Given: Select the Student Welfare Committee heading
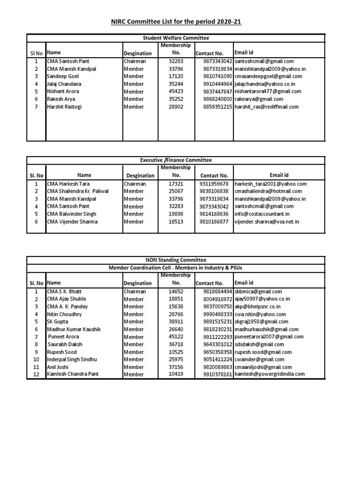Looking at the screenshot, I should [x=176, y=38].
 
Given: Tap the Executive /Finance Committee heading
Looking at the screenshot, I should [x=176, y=160].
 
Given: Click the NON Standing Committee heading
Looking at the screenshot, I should [x=176, y=260].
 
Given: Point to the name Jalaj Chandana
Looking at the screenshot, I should [x=64, y=84].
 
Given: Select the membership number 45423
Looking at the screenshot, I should [x=176, y=91].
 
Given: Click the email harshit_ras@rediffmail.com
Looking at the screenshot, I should [x=266, y=107].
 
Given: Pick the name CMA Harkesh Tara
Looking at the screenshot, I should [x=68, y=184].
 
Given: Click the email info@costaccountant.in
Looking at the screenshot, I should [x=262, y=214].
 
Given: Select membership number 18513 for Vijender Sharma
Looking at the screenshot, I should [x=176, y=222].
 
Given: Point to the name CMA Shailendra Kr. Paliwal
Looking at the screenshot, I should [x=77, y=191].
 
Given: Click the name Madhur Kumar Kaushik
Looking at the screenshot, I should [x=74, y=329].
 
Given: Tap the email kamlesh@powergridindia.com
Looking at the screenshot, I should [x=270, y=374].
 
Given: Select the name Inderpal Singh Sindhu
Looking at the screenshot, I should [x=72, y=359].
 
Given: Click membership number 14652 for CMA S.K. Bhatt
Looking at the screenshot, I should [x=176, y=292].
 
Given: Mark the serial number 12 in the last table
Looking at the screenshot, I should [x=36, y=375].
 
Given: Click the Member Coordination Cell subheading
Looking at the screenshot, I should [x=176, y=267].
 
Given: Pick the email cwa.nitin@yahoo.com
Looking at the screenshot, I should [x=260, y=314].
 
